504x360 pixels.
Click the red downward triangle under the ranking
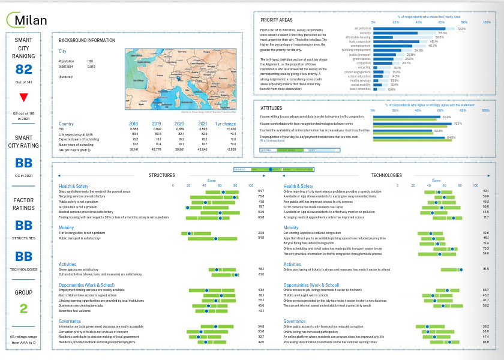click(x=24, y=97)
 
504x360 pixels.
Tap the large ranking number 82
click(x=24, y=70)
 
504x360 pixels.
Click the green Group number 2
click(x=24, y=309)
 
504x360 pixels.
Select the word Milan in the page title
click(x=31, y=20)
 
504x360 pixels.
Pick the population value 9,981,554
click(x=66, y=67)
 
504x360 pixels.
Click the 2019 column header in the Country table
click(x=157, y=123)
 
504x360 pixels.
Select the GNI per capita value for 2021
click(x=203, y=148)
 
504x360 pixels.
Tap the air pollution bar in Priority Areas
click(x=414, y=28)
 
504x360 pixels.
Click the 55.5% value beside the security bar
click(x=442, y=33)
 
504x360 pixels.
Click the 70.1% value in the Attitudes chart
click(x=458, y=124)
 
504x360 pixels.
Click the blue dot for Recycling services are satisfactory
click(x=234, y=196)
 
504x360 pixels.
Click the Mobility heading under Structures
click(x=66, y=227)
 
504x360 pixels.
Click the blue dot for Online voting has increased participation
click(x=427, y=331)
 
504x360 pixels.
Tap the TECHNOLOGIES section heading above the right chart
click(x=386, y=175)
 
